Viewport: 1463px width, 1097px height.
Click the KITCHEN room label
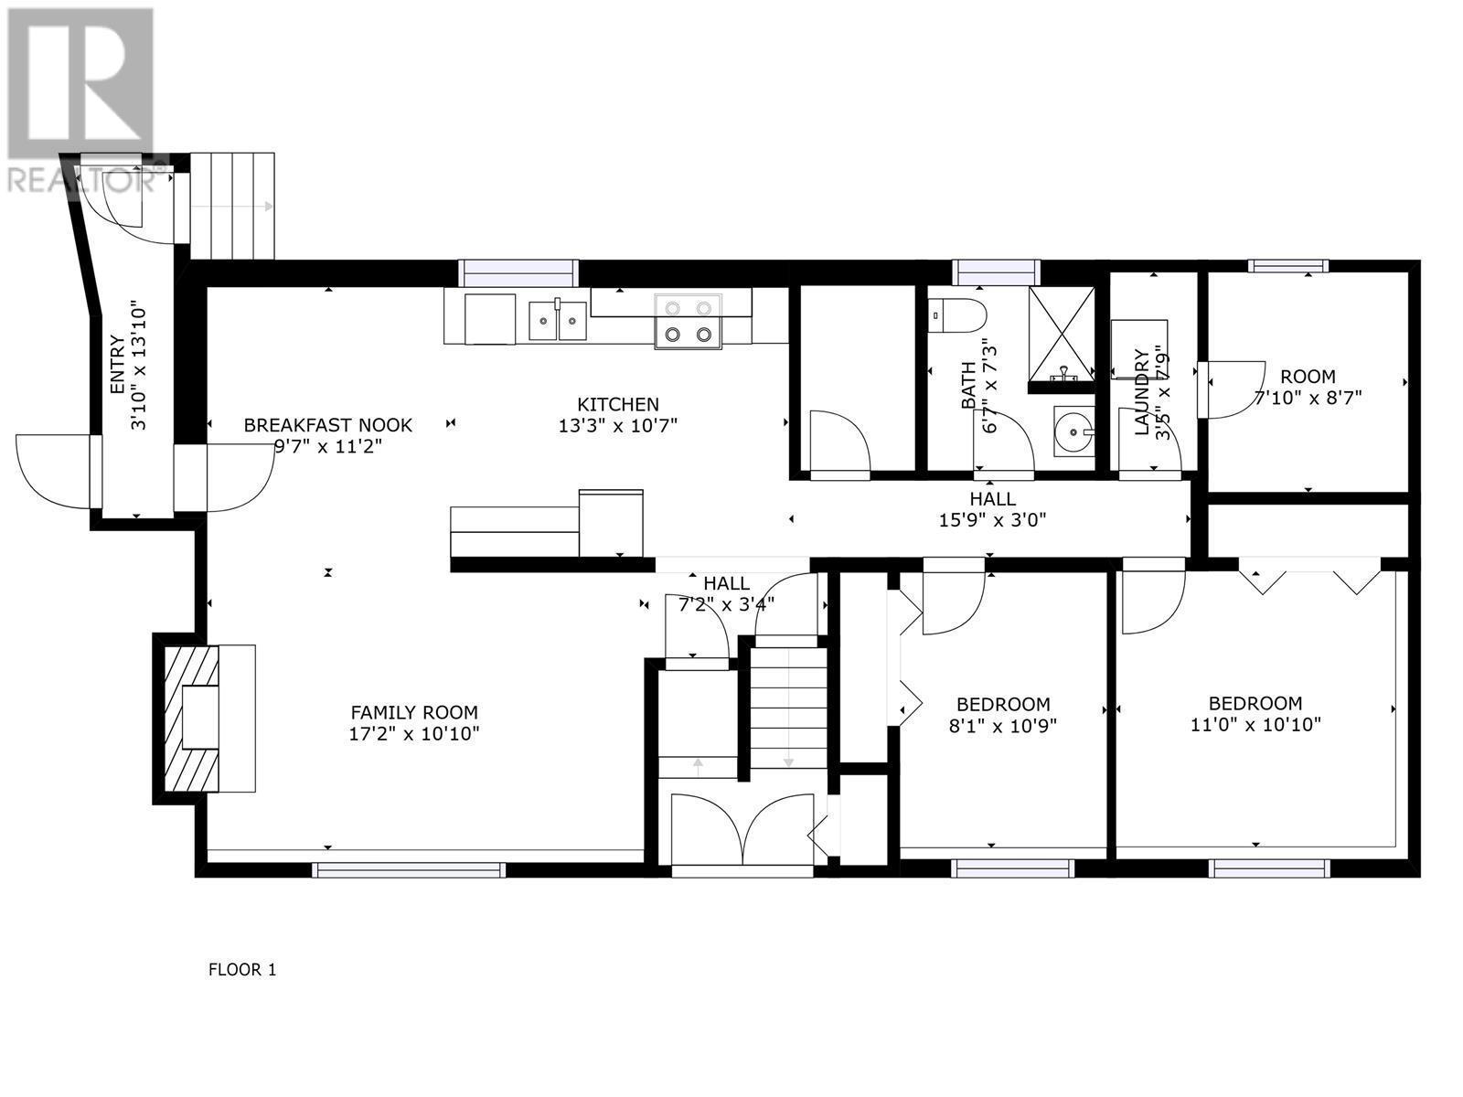pyautogui.click(x=617, y=404)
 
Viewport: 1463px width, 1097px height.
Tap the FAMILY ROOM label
pyautogui.click(x=414, y=712)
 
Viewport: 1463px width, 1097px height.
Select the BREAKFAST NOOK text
pyautogui.click(x=327, y=425)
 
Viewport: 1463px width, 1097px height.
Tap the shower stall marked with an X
pyautogui.click(x=1061, y=334)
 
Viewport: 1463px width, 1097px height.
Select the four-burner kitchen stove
pyautogui.click(x=688, y=321)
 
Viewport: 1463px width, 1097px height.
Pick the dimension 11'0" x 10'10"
pyautogui.click(x=1255, y=725)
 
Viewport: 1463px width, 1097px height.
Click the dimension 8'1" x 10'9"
pyautogui.click(x=1003, y=726)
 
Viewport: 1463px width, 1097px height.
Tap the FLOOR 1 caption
pyautogui.click(x=242, y=970)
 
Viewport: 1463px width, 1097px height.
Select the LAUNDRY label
pyautogui.click(x=1141, y=393)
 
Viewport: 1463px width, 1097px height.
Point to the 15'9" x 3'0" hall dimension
pyautogui.click(x=992, y=521)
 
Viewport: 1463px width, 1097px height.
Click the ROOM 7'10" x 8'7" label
pyautogui.click(x=1307, y=377)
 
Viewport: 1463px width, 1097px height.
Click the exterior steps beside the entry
pyautogui.click(x=231, y=206)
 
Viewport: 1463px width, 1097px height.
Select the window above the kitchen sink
pyautogui.click(x=518, y=272)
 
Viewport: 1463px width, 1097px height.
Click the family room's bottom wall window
pyautogui.click(x=408, y=869)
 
